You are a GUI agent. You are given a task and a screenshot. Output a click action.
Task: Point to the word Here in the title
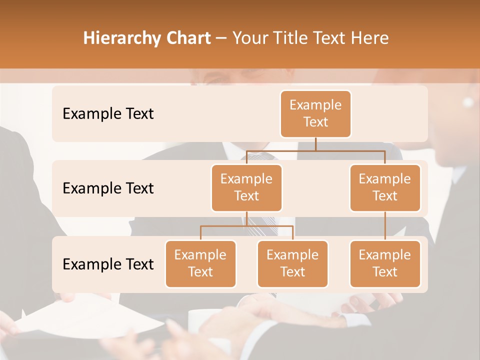370,38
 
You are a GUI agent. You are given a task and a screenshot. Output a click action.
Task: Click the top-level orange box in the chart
315,113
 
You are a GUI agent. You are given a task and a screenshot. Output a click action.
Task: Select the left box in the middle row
246,187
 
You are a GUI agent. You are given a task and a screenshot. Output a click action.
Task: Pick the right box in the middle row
385,187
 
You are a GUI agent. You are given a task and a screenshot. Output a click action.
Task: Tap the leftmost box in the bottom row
200,263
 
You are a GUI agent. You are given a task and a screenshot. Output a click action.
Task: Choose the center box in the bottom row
292,263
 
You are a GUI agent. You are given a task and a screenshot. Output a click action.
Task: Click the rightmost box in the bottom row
385,263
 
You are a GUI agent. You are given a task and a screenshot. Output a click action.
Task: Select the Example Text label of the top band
108,113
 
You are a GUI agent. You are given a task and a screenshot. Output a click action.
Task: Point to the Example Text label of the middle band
108,188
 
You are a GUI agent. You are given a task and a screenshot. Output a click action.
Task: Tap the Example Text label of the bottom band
108,264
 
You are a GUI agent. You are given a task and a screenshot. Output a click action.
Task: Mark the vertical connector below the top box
315,144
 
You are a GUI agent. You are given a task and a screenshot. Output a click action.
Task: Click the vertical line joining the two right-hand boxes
385,226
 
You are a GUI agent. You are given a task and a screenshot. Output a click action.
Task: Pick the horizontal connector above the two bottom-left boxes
246,226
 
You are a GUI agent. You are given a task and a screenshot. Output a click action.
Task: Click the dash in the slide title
221,38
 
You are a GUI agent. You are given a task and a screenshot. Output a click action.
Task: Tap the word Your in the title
248,38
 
